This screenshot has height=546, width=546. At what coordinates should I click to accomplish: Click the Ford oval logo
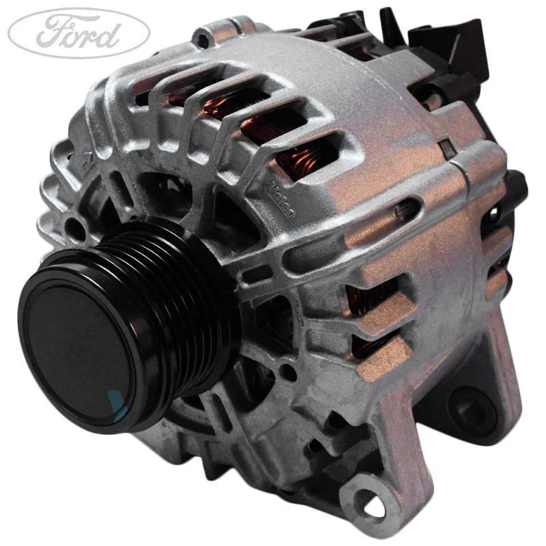pyautogui.click(x=79, y=33)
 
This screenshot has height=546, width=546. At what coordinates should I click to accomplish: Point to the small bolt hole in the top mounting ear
pyautogui.click(x=203, y=40)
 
